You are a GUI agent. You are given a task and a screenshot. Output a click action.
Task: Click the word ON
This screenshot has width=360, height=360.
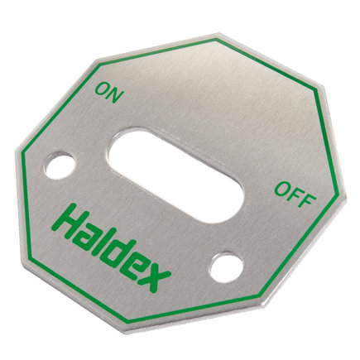108,93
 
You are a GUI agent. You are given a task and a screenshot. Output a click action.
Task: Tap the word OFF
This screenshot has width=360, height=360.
295,194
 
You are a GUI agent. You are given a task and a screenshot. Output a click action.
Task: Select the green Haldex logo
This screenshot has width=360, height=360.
110,247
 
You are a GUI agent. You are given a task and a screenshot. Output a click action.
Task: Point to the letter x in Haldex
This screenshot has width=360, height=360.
156,278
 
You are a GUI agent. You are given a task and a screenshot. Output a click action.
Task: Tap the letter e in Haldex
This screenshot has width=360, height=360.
137,268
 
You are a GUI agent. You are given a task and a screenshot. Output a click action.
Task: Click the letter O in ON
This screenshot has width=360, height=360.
102,89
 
